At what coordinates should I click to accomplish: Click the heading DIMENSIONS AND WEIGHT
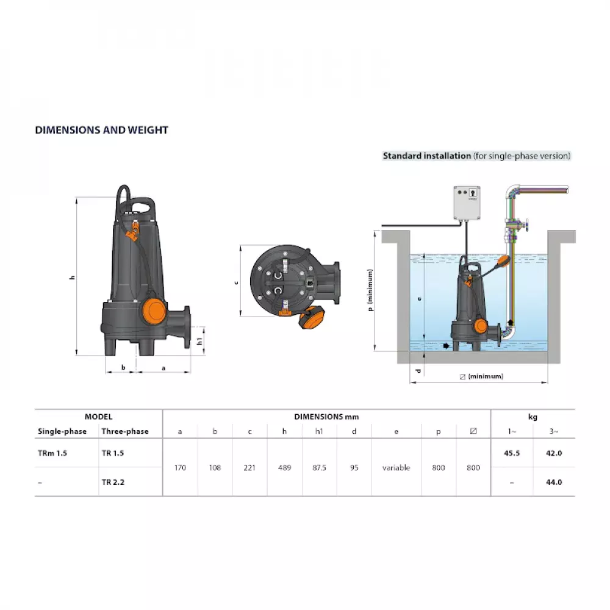pyautogui.click(x=101, y=130)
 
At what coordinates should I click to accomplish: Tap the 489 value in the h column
pyautogui.click(x=284, y=468)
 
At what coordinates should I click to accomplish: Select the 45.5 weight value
pyautogui.click(x=511, y=454)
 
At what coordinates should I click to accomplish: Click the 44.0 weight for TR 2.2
pyautogui.click(x=553, y=482)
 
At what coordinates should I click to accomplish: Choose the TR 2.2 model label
pyautogui.click(x=113, y=482)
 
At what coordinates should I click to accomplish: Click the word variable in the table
pyautogui.click(x=396, y=468)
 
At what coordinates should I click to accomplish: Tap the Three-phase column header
pyautogui.click(x=125, y=431)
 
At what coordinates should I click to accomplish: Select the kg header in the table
pyautogui.click(x=533, y=417)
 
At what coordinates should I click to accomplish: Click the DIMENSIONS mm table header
pyautogui.click(x=326, y=417)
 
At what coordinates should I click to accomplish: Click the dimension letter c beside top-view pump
pyautogui.click(x=235, y=282)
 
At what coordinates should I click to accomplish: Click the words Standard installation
pyautogui.click(x=426, y=156)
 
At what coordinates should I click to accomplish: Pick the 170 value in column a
pyautogui.click(x=180, y=468)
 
